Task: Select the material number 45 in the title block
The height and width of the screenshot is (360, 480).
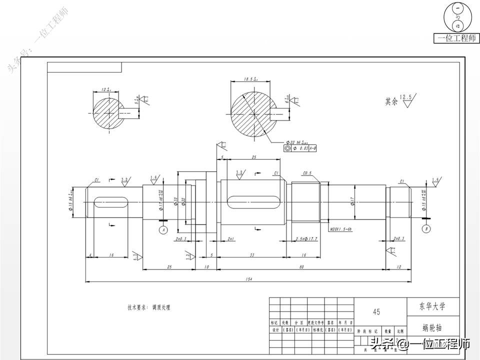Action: point(376,311)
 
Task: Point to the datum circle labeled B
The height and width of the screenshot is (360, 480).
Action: point(426,229)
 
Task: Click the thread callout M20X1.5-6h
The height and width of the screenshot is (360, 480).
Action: point(341,229)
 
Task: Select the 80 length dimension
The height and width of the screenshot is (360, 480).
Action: point(301,266)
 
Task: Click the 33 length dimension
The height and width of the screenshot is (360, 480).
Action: point(251,255)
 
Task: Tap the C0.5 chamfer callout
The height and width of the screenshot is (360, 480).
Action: point(307,173)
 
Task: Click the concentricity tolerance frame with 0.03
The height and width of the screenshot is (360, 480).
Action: point(300,148)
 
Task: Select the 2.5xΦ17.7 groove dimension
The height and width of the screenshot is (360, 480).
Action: point(306,239)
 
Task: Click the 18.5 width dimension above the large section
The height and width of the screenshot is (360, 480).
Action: point(250,78)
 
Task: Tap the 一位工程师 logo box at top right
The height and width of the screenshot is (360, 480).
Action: point(457,38)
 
